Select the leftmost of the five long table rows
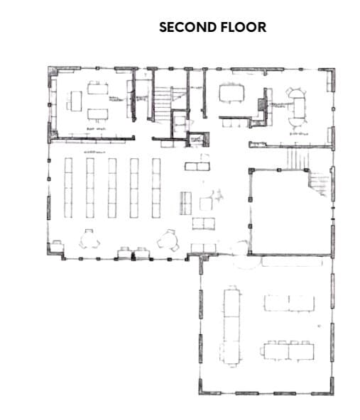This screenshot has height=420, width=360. coord(68,187)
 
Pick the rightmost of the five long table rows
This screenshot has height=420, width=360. coord(156,187)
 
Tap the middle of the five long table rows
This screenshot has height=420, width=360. coord(112,187)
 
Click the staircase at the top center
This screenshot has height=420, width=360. coord(163,99)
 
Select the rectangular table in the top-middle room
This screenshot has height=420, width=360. coord(231,93)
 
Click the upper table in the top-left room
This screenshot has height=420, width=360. coord(96,88)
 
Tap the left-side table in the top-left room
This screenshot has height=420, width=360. coord(73,100)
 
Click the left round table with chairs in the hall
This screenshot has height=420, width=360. coord(89,239)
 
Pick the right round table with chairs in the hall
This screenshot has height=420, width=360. coord(169,239)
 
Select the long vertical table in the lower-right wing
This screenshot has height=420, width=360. coord(231,319)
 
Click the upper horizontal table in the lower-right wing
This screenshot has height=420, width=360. coord(288,303)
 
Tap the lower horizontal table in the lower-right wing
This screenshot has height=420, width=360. coord(288,350)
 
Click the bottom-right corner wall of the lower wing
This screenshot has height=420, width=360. coord(327,389)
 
